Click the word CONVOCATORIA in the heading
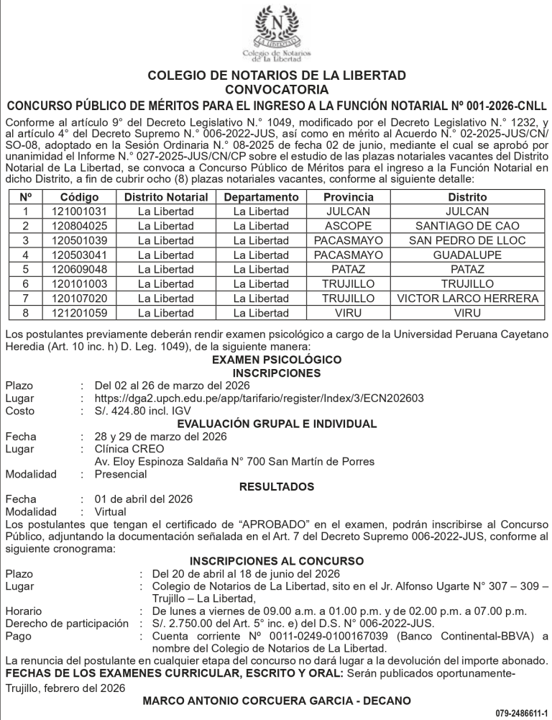[x=277, y=90]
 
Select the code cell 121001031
[x=79, y=211]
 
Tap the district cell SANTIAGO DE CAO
[x=466, y=226]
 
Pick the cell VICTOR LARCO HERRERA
[x=466, y=299]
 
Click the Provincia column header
[x=348, y=197]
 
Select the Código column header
[x=79, y=197]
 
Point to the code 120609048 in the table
[x=79, y=270]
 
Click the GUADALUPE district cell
[x=466, y=255]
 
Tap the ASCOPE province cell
[x=348, y=226]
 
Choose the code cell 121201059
[x=79, y=313]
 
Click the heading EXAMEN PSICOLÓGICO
[x=277, y=360]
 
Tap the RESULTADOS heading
[x=277, y=487]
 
